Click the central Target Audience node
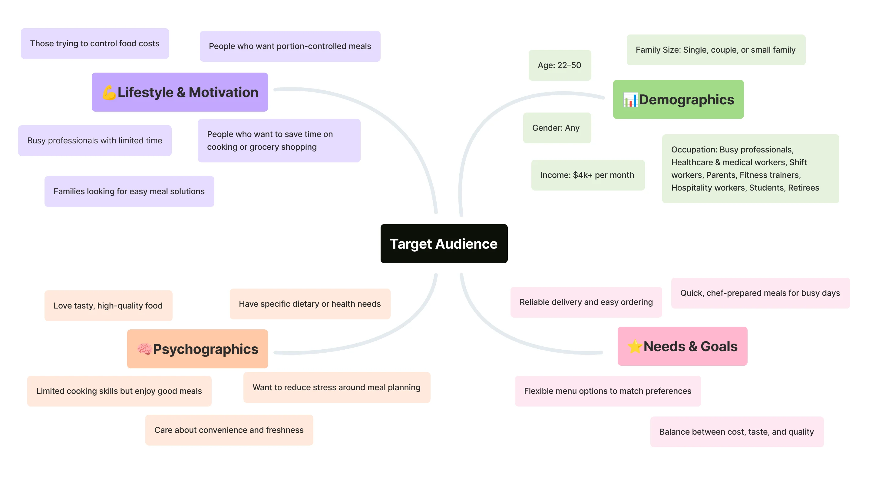pyautogui.click(x=444, y=243)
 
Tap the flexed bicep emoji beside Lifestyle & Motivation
pyautogui.click(x=109, y=92)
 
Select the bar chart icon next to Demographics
pyautogui.click(x=630, y=100)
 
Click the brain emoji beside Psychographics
pyautogui.click(x=144, y=349)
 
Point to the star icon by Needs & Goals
pyautogui.click(x=635, y=346)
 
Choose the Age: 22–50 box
pyautogui.click(x=560, y=65)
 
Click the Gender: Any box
pyautogui.click(x=557, y=128)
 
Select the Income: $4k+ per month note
pyautogui.click(x=587, y=175)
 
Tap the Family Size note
pyautogui.click(x=715, y=50)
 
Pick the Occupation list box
pyautogui.click(x=750, y=168)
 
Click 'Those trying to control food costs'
pyautogui.click(x=95, y=43)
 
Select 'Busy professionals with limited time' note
pyautogui.click(x=95, y=140)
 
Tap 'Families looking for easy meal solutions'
pyautogui.click(x=129, y=191)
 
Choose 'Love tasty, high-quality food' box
pyautogui.click(x=108, y=305)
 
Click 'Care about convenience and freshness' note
pyautogui.click(x=229, y=430)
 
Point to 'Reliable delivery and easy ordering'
pyautogui.click(x=586, y=302)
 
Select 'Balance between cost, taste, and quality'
pyautogui.click(x=737, y=432)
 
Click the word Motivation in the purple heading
pyautogui.click(x=223, y=92)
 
